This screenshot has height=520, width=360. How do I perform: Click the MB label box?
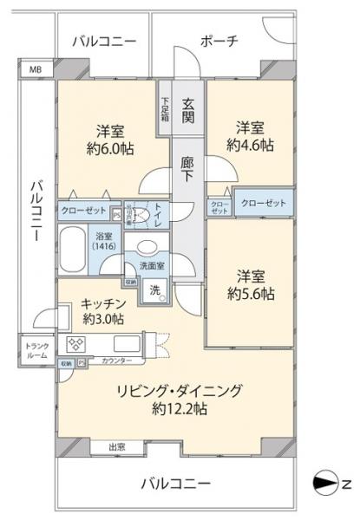pos(35,70)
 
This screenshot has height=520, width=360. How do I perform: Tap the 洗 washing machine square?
pos(154,288)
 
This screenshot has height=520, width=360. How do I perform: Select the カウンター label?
pos(116,360)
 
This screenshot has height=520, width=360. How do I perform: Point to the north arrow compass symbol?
pos(325,482)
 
